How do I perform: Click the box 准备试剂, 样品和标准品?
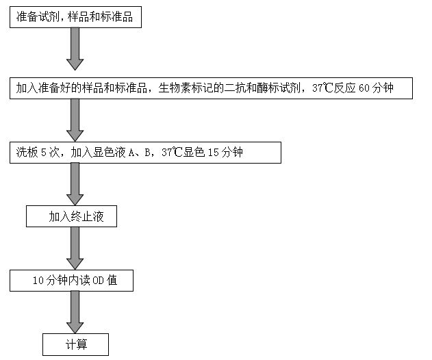click(76, 17)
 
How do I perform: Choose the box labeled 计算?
click(75, 344)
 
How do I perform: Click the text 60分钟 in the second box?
click(376, 88)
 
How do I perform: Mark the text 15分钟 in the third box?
click(225, 153)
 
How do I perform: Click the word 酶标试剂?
click(276, 88)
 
